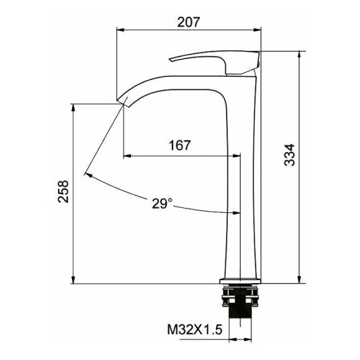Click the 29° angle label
pyautogui.click(x=161, y=203)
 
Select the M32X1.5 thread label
pyautogui.click(x=194, y=329)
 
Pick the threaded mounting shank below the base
pyautogui.click(x=239, y=308)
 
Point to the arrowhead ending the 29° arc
pyautogui.click(x=88, y=174)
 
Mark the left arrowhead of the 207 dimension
pyautogui.click(x=120, y=29)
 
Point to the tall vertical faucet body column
pyautogui.click(x=240, y=186)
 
